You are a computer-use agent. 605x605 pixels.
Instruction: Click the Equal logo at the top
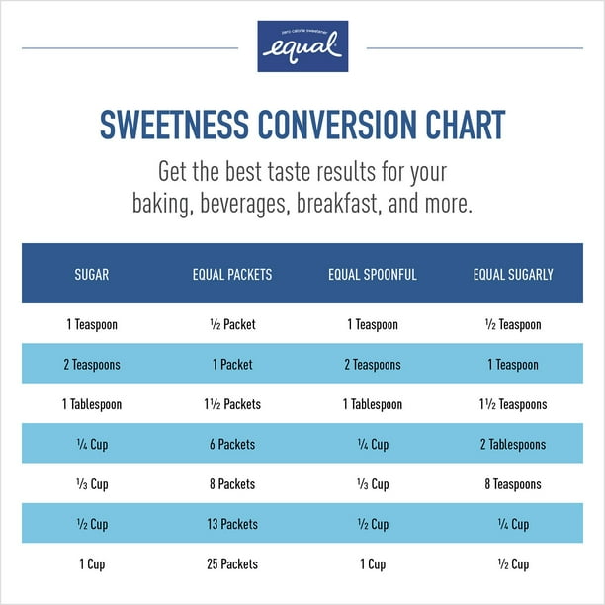(x=302, y=46)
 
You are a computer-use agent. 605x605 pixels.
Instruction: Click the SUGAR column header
(x=92, y=274)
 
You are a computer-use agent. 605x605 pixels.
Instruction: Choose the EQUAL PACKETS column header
(x=231, y=274)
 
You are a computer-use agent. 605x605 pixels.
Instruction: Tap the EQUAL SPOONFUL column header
(x=373, y=274)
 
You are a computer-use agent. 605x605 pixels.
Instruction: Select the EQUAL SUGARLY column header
(x=513, y=274)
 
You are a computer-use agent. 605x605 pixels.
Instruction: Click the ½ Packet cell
(x=231, y=325)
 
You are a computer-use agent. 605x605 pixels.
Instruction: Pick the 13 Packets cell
(x=231, y=524)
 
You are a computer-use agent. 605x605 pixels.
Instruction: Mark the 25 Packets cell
(x=231, y=564)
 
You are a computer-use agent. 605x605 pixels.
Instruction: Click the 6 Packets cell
(x=231, y=445)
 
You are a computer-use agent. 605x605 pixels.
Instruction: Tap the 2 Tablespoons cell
(x=513, y=445)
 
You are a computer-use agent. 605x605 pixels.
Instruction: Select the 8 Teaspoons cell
(x=513, y=484)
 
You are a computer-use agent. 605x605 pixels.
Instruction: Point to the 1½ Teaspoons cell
(x=513, y=404)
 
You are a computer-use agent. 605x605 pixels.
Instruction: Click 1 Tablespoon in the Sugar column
(x=92, y=404)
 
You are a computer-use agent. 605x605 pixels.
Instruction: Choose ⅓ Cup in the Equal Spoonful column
(x=373, y=484)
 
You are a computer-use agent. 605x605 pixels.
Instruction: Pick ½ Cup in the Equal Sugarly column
(x=513, y=564)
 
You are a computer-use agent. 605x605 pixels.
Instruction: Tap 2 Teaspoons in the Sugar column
(x=92, y=365)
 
